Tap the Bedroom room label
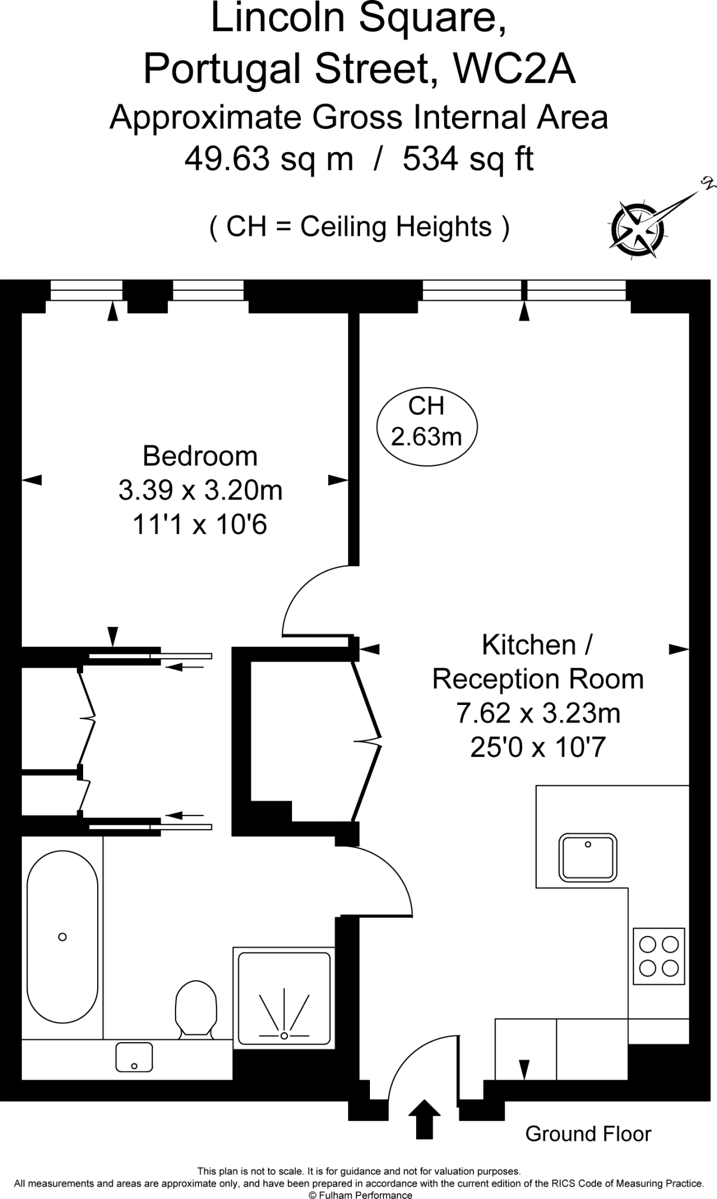click(200, 456)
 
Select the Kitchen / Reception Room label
click(538, 662)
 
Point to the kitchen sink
click(588, 857)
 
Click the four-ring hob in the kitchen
click(659, 956)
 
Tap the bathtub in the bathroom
click(63, 937)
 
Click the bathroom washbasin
click(134, 1057)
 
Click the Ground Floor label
click(588, 1134)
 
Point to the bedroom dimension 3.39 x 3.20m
click(200, 490)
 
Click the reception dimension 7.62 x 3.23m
click(538, 713)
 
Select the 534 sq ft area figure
click(468, 159)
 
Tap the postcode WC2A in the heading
click(516, 69)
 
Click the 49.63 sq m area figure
click(269, 159)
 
